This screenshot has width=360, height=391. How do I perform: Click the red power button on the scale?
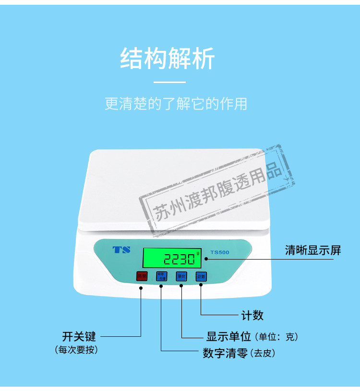(x=142, y=276)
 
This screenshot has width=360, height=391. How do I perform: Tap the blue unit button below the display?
(x=181, y=276)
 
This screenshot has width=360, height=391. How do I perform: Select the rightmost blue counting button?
(x=201, y=276)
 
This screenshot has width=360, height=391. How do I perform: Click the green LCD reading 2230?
(x=171, y=259)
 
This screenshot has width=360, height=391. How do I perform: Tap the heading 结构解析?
(x=168, y=59)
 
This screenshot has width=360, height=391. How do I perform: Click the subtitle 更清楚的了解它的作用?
(x=176, y=104)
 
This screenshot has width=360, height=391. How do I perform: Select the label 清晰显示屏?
(x=312, y=250)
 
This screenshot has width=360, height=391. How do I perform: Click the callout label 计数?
(x=252, y=315)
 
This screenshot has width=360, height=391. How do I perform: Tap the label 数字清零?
(x=225, y=354)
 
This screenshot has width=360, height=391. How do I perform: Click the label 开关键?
(x=79, y=336)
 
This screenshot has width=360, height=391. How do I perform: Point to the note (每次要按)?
(x=77, y=350)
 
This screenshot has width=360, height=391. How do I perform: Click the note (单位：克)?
(x=278, y=337)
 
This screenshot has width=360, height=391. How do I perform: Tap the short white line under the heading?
(x=169, y=83)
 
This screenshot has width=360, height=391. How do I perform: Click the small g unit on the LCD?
(x=197, y=251)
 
